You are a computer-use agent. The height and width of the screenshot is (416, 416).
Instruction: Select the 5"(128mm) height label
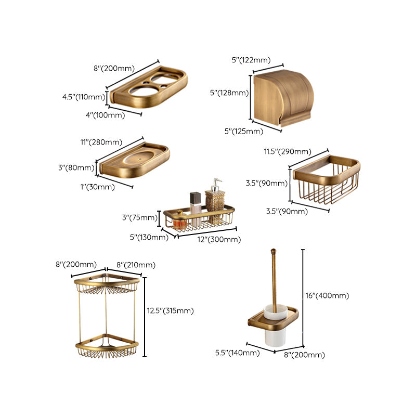229,93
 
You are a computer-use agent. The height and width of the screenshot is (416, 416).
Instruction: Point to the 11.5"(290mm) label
288,152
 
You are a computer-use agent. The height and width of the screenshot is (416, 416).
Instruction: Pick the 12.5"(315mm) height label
170,310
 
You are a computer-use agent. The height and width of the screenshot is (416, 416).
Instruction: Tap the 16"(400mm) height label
327,295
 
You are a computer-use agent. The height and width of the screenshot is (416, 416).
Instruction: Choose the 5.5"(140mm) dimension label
237,353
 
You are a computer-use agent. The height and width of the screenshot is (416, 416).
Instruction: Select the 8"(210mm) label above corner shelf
136,265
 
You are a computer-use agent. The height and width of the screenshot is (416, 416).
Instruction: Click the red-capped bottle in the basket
180,221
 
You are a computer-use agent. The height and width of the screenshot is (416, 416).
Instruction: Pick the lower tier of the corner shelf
107,345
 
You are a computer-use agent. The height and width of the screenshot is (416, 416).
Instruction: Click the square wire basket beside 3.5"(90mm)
326,182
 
